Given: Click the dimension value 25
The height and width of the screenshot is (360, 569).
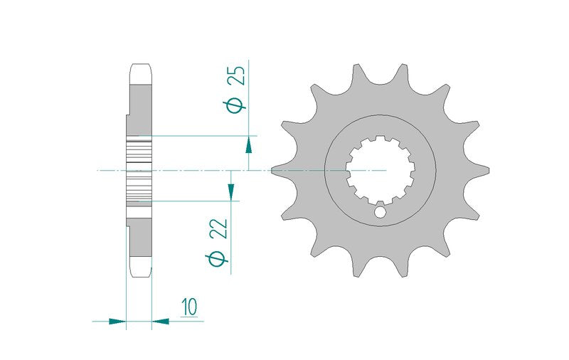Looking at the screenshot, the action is tap(238, 75).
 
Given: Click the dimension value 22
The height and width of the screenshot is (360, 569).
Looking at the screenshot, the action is tap(220, 228).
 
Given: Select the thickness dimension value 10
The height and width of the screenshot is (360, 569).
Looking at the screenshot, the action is tap(190, 307).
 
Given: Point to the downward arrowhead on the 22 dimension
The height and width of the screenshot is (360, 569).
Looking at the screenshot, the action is tap(230, 191).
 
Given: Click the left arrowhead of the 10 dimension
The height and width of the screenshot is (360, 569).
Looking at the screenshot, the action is tap(117, 321).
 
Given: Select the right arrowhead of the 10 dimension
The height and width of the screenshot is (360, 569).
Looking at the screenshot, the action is tap(161, 321).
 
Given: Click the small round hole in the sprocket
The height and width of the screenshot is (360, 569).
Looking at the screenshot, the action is tap(380, 212).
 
